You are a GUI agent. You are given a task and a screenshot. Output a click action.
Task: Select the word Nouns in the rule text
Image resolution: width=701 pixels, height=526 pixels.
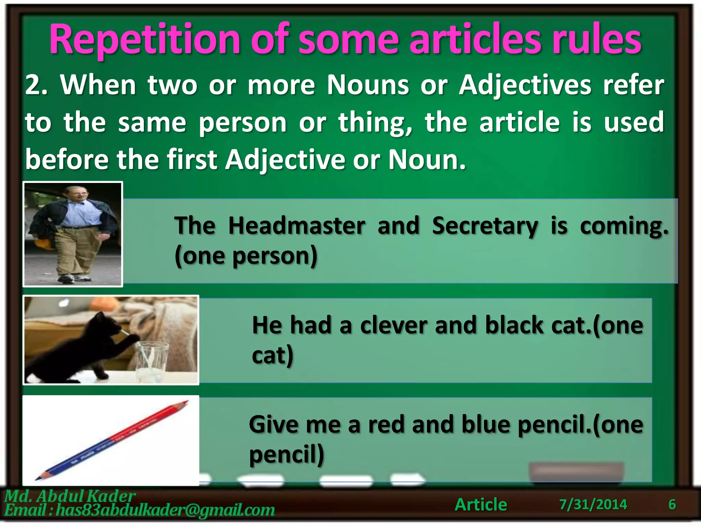pyautogui.click(x=368, y=85)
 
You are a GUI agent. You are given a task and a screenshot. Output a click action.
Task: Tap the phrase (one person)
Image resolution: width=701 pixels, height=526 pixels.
pyautogui.click(x=246, y=256)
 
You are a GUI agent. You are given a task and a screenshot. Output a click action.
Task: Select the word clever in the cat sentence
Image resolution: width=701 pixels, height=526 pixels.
pyautogui.click(x=394, y=325)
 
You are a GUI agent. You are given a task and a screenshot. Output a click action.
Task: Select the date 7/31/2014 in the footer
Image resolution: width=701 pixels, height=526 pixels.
pyautogui.click(x=593, y=504)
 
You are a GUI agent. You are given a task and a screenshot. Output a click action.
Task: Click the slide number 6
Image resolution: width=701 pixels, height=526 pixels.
pyautogui.click(x=672, y=504)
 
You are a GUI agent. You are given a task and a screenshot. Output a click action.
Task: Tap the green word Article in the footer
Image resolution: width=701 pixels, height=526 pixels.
pyautogui.click(x=481, y=504)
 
